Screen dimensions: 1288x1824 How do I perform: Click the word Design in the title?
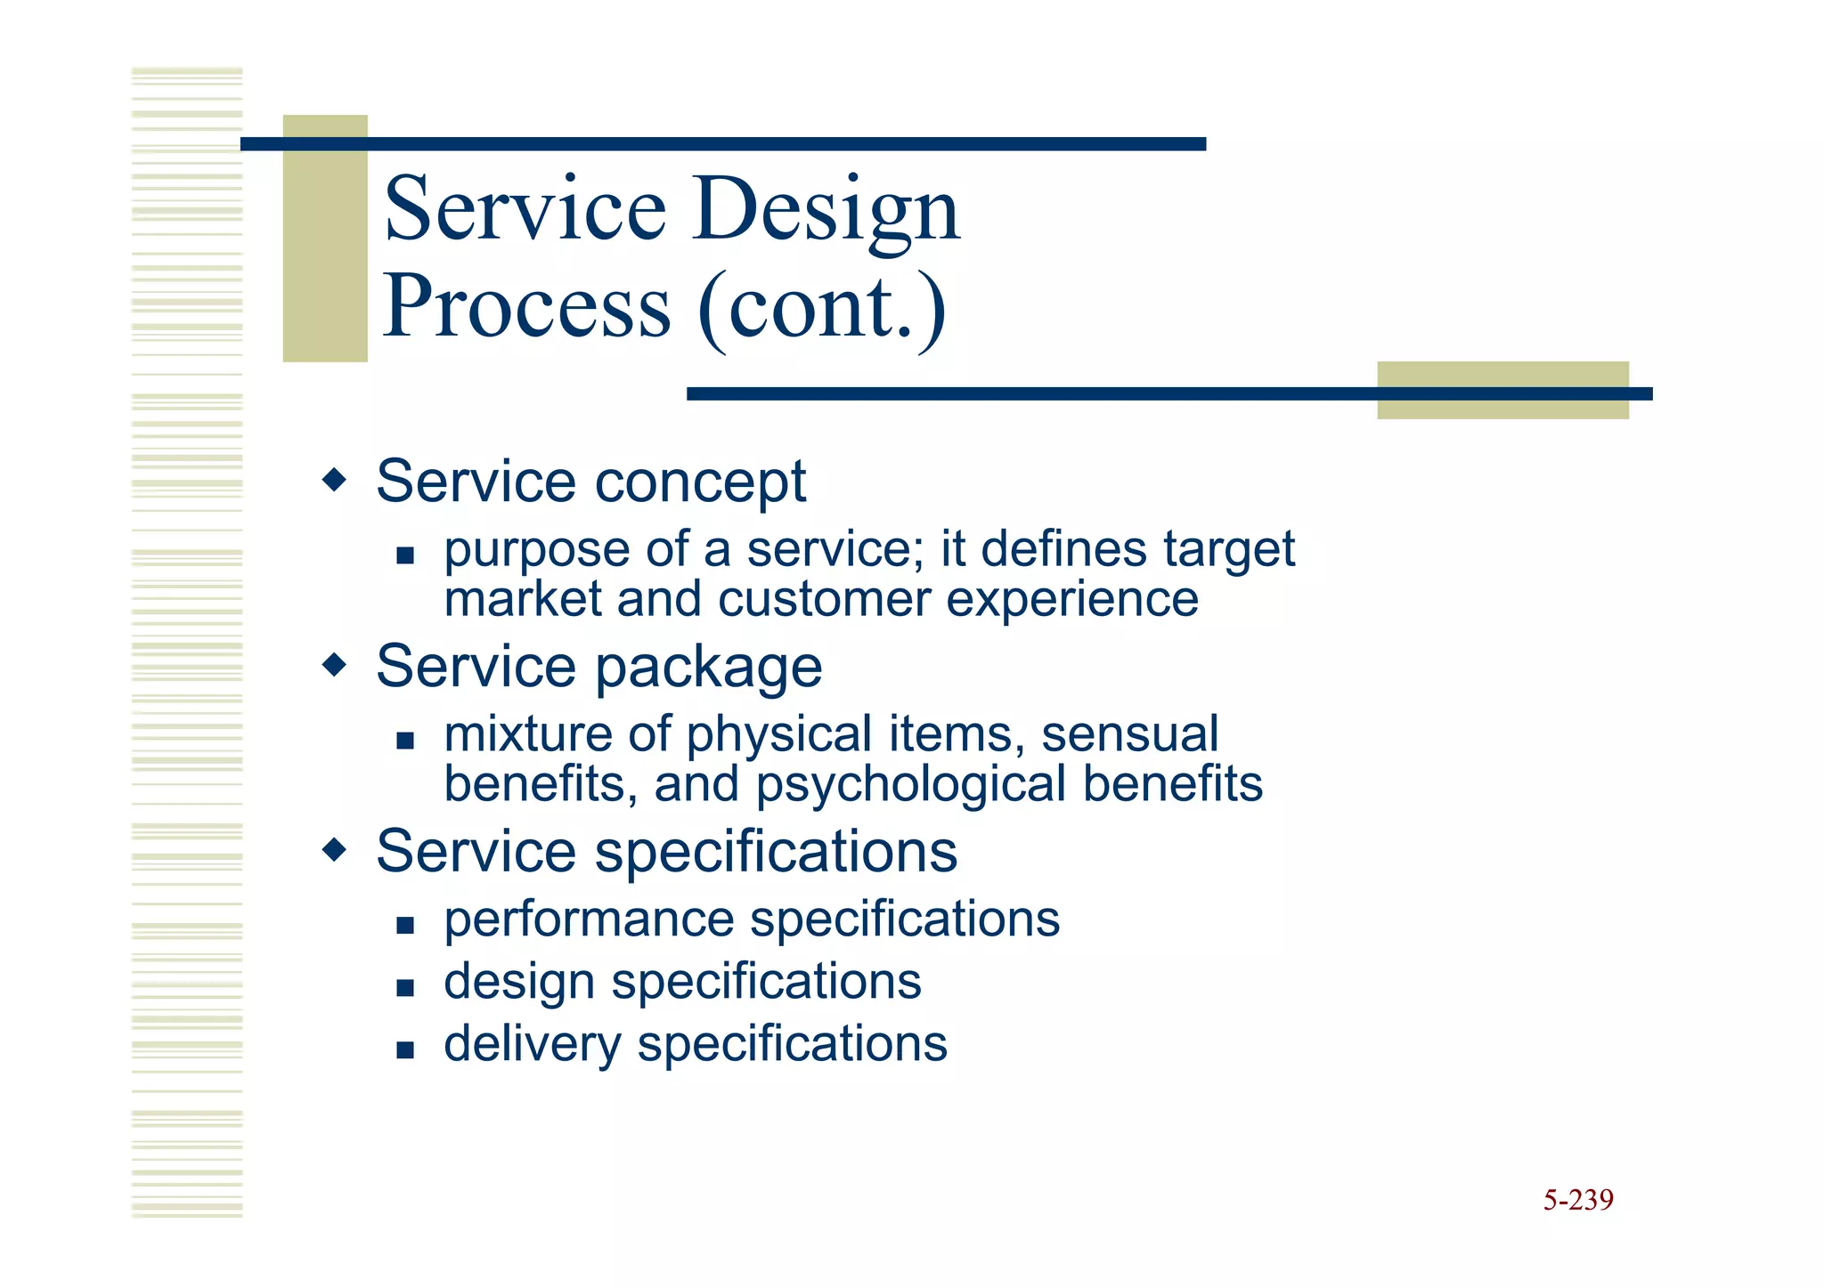tap(826, 210)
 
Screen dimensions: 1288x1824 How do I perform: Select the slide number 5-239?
tap(1577, 1200)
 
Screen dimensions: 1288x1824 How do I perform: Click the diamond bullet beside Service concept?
tap(334, 481)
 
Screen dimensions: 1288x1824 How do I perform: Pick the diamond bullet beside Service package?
tap(334, 665)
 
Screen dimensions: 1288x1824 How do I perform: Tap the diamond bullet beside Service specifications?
tap(334, 850)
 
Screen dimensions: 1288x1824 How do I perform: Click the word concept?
tap(700, 482)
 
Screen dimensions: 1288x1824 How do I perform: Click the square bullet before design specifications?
tap(405, 987)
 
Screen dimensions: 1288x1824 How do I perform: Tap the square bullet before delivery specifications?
tap(405, 1049)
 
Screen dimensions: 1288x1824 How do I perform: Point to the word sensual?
tap(1129, 735)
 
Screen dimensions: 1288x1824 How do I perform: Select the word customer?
tap(824, 600)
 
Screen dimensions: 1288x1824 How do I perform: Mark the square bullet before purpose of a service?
tap(405, 556)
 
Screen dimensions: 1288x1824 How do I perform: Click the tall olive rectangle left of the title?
tap(325, 239)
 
